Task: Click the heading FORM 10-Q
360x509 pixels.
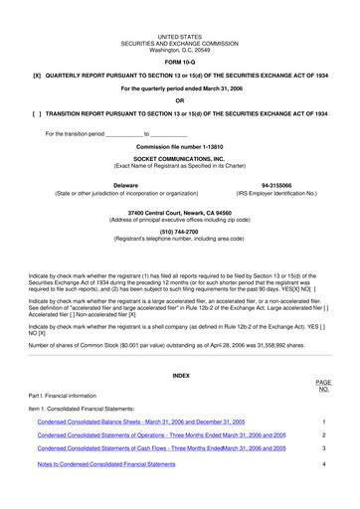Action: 180,62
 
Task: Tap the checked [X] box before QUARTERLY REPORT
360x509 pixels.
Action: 37,76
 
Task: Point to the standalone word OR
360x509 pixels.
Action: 180,102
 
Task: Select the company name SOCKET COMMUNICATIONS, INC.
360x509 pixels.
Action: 180,159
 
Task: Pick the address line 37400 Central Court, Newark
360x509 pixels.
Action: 180,213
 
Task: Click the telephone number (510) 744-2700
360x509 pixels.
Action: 180,231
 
